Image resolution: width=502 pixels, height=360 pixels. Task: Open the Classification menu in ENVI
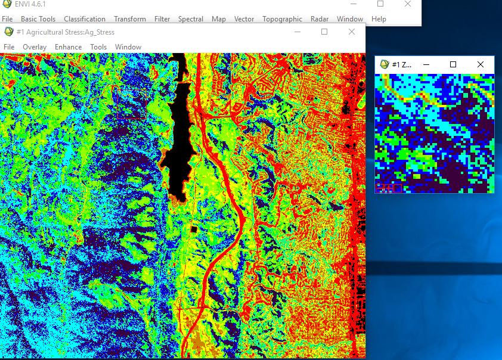pos(84,19)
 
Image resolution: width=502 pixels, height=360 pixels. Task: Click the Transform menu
pos(130,19)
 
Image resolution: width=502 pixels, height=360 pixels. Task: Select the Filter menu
pos(162,19)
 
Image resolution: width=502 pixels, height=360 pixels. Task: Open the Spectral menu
pos(191,19)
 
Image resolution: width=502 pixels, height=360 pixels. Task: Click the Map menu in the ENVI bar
pos(219,19)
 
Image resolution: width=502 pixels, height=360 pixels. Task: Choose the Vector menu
pos(244,19)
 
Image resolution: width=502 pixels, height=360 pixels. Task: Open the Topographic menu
pos(282,19)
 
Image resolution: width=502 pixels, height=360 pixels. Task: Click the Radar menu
pos(320,19)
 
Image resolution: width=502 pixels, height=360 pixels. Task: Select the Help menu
pos(379,19)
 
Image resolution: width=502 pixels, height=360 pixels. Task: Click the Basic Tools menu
pos(38,19)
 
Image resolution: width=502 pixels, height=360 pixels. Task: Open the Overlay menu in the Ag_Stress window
pos(35,47)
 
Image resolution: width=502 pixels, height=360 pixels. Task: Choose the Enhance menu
pos(68,47)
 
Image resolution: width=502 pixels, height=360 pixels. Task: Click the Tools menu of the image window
pos(98,47)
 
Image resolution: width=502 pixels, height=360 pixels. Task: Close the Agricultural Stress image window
pos(351,32)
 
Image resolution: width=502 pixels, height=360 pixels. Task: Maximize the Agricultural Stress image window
pos(324,32)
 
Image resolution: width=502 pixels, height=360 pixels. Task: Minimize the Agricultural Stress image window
pos(298,32)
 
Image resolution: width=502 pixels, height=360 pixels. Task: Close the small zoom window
pos(481,64)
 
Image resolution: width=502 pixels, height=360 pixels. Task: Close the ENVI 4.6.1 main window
pos(407,4)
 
